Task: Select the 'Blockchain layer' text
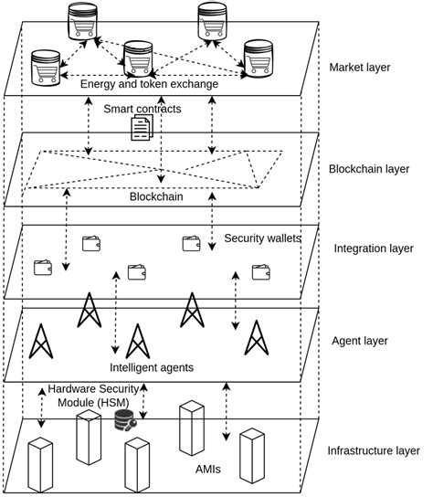[370, 169]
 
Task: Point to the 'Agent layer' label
[360, 341]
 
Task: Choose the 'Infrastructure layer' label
[373, 450]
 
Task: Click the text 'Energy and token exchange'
[149, 84]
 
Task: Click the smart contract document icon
[142, 128]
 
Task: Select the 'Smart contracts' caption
[143, 109]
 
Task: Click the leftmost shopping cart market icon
[45, 66]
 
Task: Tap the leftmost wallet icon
[43, 267]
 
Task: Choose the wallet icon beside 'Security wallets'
[191, 243]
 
